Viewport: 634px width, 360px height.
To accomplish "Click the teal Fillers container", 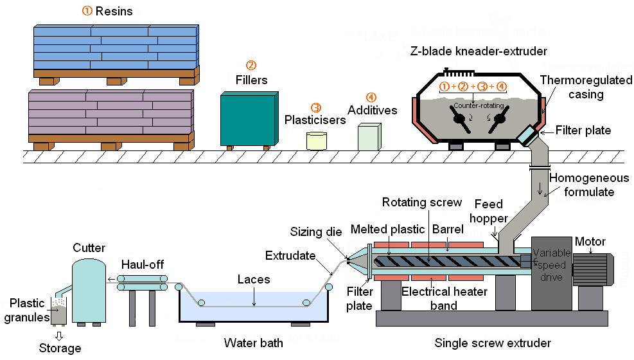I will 249,120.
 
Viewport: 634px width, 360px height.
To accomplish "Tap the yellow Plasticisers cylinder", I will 316,141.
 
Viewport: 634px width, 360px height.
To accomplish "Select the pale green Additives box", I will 369,138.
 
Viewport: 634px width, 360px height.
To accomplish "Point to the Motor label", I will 590,242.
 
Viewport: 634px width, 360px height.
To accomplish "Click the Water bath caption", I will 253,343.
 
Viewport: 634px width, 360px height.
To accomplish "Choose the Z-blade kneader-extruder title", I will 479,51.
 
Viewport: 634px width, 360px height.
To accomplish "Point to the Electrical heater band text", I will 444,298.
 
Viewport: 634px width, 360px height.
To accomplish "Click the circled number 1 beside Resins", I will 87,10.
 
